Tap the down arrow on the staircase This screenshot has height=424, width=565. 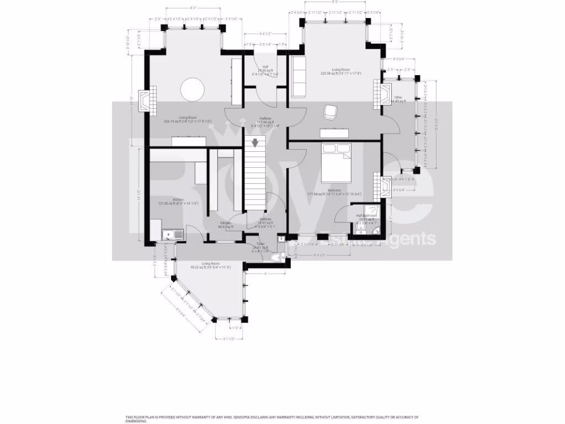click(x=255, y=144)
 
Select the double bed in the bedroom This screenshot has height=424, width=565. click(x=336, y=162)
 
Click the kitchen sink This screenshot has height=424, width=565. click(x=173, y=236)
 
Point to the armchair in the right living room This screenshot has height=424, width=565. click(x=331, y=112)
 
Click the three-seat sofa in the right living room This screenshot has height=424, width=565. click(x=299, y=76)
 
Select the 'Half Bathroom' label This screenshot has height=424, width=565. click(x=366, y=215)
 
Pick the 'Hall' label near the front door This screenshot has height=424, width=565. click(x=265, y=67)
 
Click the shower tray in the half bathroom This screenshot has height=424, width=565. click(x=376, y=211)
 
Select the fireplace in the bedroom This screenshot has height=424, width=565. click(x=377, y=186)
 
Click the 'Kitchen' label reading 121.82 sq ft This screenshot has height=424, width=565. click(x=178, y=200)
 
